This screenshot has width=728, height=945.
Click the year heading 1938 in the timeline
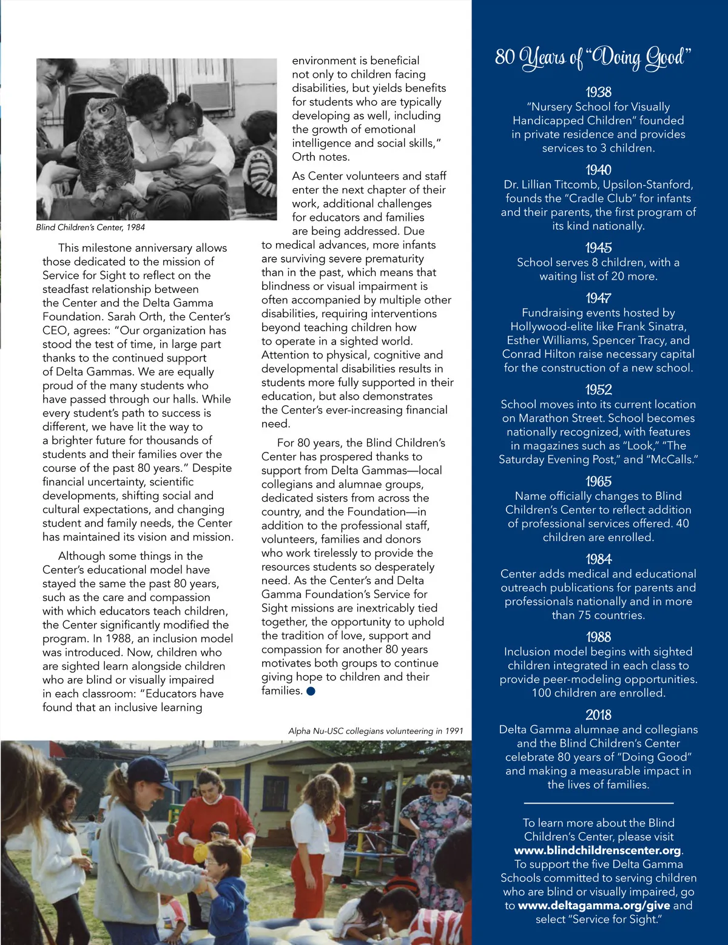[598, 92]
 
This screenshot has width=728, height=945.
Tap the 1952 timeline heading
[598, 389]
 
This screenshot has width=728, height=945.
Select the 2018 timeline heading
[598, 715]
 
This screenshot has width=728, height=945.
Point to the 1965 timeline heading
[598, 482]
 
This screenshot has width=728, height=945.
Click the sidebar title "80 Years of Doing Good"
[593, 58]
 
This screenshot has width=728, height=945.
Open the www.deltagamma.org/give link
[594, 906]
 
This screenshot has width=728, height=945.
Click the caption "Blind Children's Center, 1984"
[90, 227]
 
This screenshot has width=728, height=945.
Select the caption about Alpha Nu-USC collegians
[376, 731]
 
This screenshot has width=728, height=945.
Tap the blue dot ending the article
[311, 691]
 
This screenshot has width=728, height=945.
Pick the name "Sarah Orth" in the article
[133, 317]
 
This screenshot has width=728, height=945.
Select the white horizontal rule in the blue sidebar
[598, 803]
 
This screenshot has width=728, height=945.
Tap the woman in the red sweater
[215, 813]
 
